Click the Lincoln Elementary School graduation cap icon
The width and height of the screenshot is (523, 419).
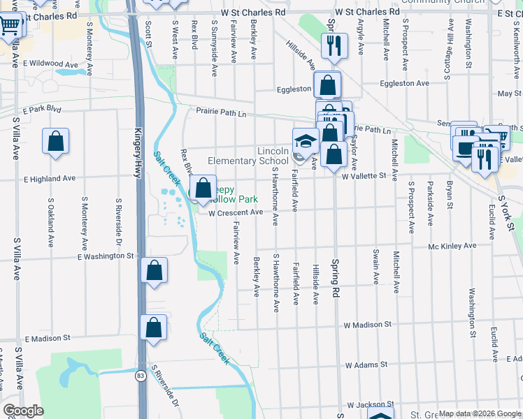tap(306, 142)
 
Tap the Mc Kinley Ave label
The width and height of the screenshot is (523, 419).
tap(452, 246)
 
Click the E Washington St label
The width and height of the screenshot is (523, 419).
tap(105, 256)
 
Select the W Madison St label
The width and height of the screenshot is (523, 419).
tap(367, 325)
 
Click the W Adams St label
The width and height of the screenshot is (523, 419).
tap(366, 365)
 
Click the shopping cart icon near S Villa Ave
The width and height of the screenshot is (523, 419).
tap(10, 26)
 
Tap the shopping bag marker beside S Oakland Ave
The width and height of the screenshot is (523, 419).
tap(56, 141)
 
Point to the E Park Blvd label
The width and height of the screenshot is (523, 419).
tap(42, 110)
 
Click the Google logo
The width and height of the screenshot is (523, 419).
tap(24, 411)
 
